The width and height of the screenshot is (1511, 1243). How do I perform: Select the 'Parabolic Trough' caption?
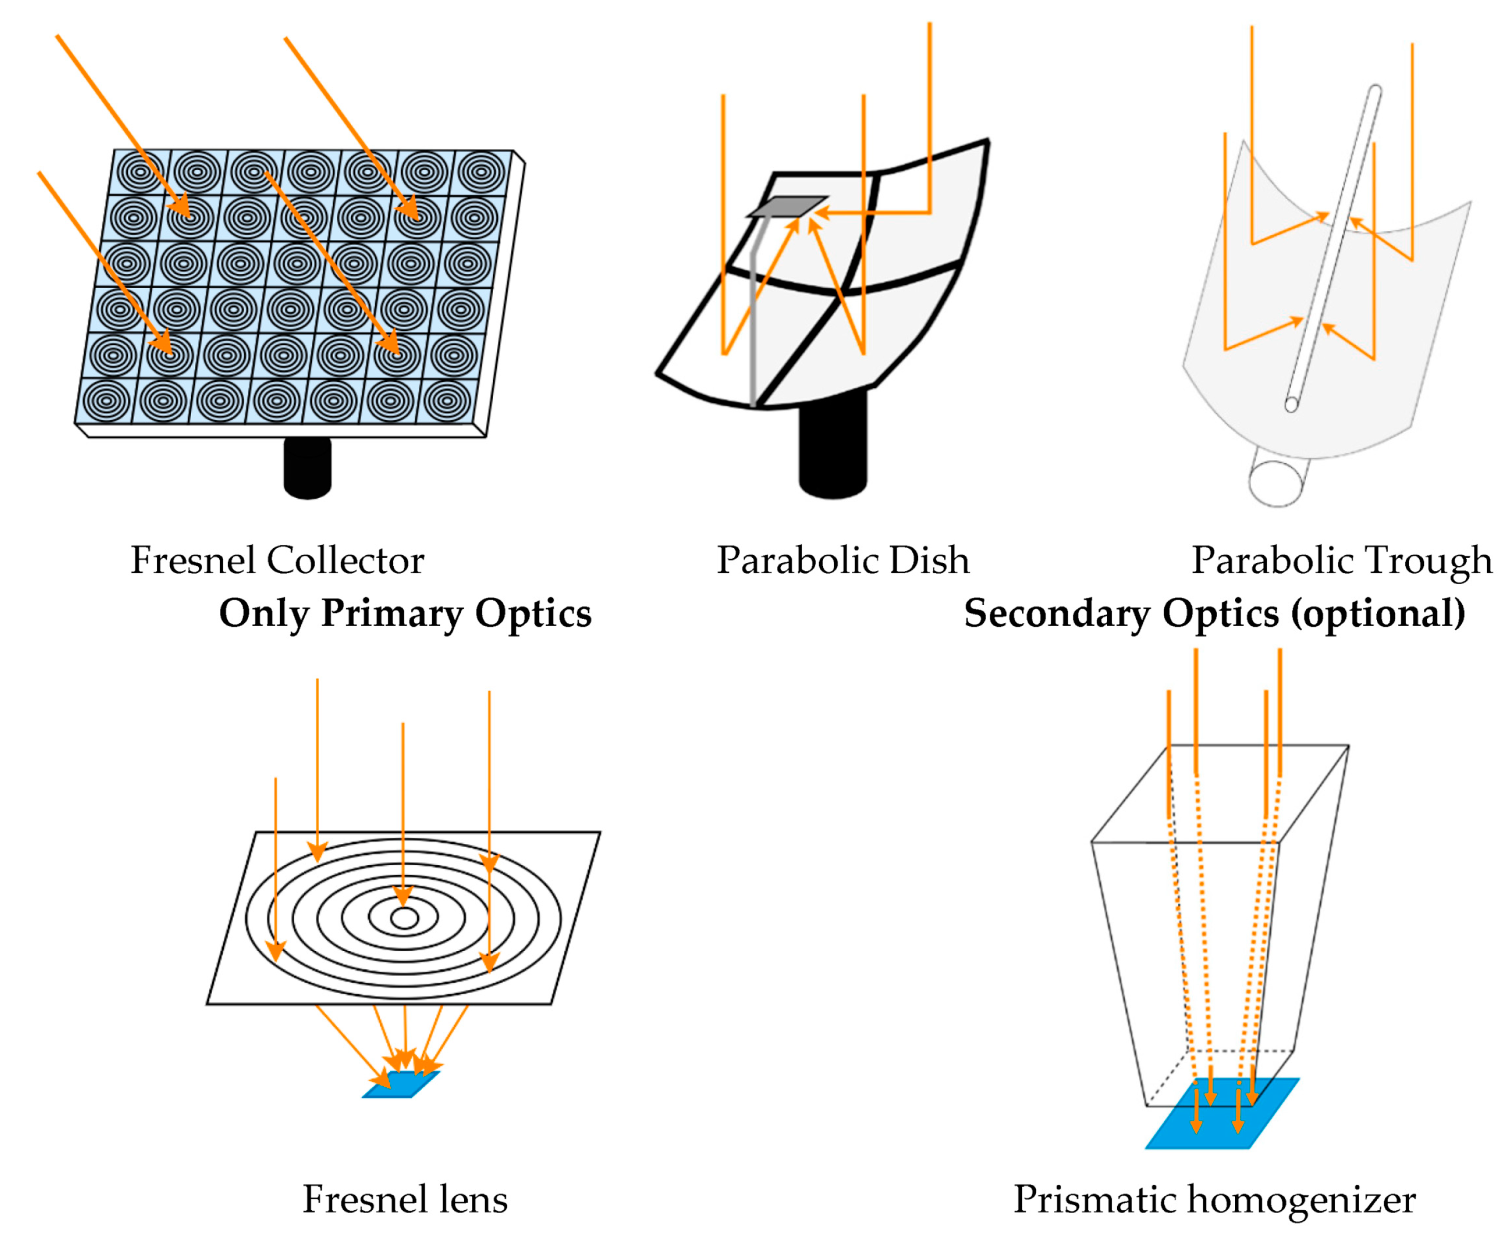1342,561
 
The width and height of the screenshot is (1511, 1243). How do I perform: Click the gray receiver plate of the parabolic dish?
788,206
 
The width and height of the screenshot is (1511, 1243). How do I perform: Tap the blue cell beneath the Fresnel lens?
401,1084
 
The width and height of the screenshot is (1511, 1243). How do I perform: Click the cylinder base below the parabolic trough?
1278,481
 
